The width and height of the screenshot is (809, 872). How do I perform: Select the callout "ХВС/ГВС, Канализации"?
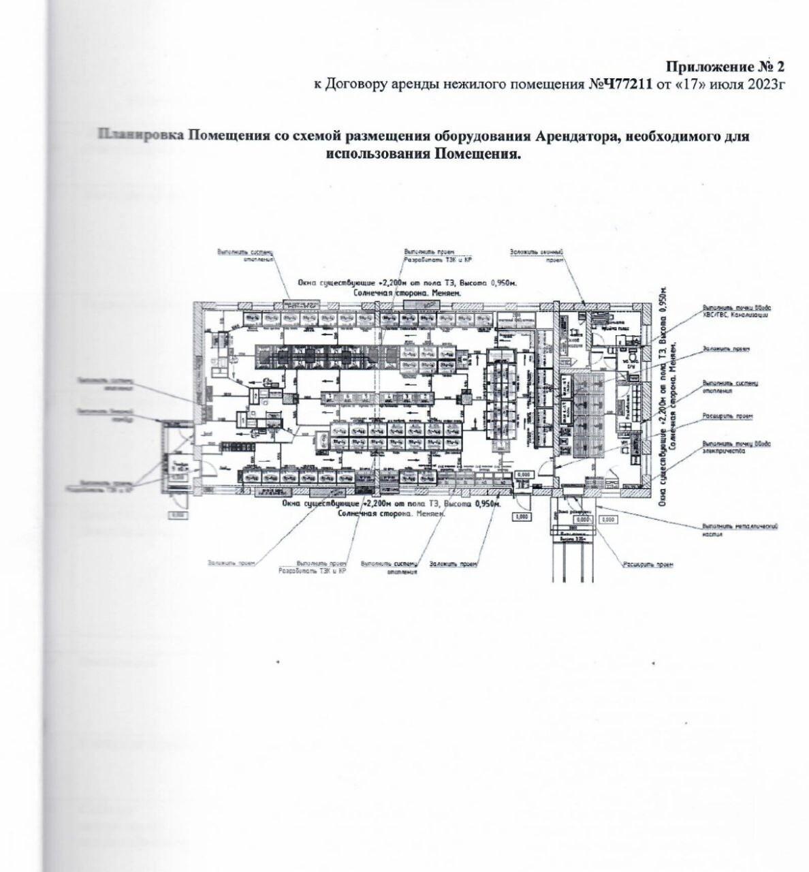pos(735,315)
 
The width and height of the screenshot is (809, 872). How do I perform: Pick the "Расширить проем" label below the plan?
pos(648,565)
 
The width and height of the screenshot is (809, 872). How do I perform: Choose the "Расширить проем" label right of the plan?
pos(728,416)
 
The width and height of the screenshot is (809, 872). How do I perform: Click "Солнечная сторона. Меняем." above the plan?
pos(407,292)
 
